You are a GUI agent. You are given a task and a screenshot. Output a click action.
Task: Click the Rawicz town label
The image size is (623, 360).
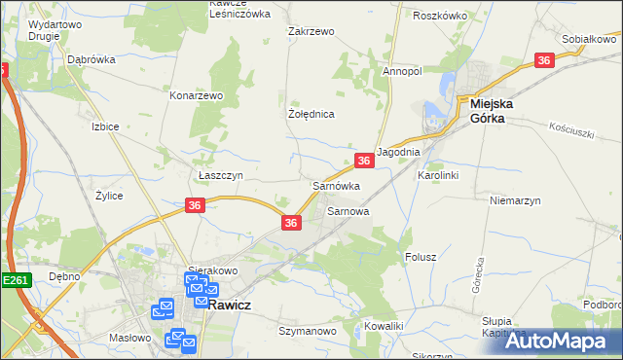tap(234, 303)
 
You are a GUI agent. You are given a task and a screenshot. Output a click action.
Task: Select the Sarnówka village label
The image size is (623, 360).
tap(336, 185)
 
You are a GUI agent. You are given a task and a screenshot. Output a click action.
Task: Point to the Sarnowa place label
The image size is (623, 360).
tap(348, 210)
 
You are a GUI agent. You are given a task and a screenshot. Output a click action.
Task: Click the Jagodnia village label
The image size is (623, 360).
tap(397, 153)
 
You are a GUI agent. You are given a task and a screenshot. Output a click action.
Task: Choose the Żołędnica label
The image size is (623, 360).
tap(311, 114)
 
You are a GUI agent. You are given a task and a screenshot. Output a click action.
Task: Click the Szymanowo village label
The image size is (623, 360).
tap(307, 331)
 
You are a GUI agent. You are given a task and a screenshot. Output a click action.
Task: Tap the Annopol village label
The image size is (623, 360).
tap(401, 71)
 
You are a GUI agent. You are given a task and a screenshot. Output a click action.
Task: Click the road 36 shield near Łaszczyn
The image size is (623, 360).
tap(195, 204)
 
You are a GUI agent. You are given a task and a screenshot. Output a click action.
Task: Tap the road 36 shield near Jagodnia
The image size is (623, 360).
tap(363, 161)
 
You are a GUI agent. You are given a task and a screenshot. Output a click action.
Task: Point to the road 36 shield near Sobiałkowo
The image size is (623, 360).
tap(545, 60)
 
